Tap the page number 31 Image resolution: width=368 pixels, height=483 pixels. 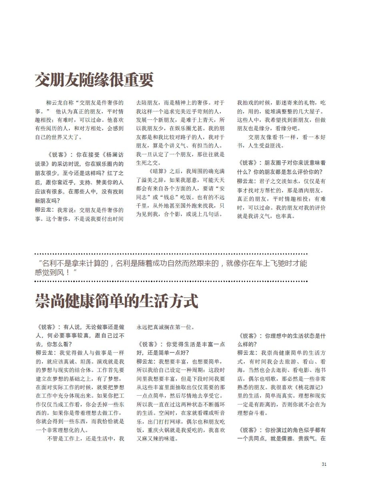point(324,464)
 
